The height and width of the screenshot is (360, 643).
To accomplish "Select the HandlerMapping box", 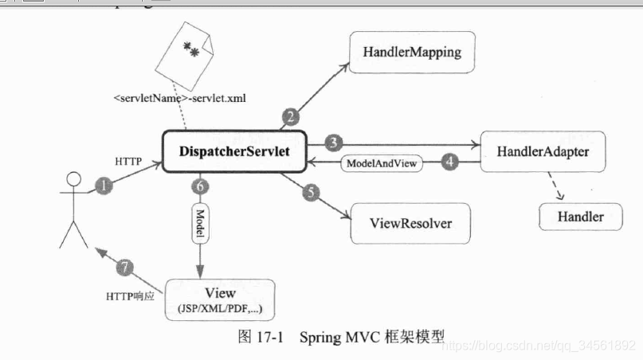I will (x=412, y=53).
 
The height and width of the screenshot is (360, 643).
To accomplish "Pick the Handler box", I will (x=579, y=216).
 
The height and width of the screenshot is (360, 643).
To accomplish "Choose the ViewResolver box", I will (x=411, y=223).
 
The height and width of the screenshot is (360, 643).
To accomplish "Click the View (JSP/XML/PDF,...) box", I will (x=220, y=299).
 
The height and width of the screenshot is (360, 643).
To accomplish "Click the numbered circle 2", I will (x=291, y=118).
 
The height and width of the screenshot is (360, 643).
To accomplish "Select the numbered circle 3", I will (x=334, y=143).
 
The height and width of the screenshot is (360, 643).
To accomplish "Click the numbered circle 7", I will (x=124, y=266).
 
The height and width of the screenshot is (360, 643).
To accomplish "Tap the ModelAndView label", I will (x=380, y=163).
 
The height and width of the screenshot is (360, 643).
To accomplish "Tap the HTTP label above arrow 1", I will (x=127, y=161).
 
